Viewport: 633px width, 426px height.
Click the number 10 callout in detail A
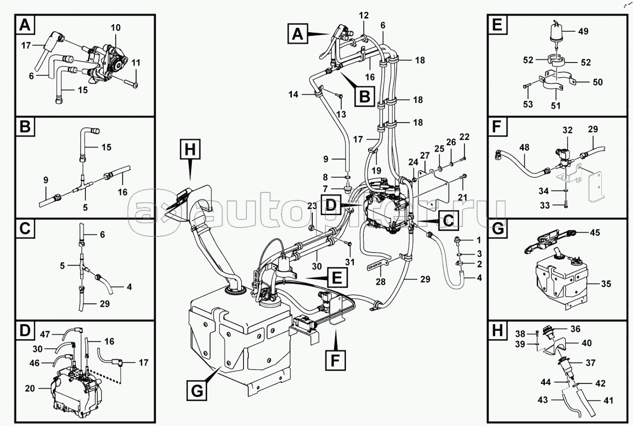[x=116, y=28]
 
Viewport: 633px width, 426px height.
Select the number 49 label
[x=583, y=32]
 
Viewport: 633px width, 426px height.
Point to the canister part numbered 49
[x=557, y=33]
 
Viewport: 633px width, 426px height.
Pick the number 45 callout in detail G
[x=595, y=232]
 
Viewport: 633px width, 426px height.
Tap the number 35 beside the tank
[x=606, y=284]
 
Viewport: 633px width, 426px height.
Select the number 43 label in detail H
[x=543, y=400]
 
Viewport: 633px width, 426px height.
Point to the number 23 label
[x=312, y=205]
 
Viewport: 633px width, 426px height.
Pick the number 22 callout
[x=464, y=137]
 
